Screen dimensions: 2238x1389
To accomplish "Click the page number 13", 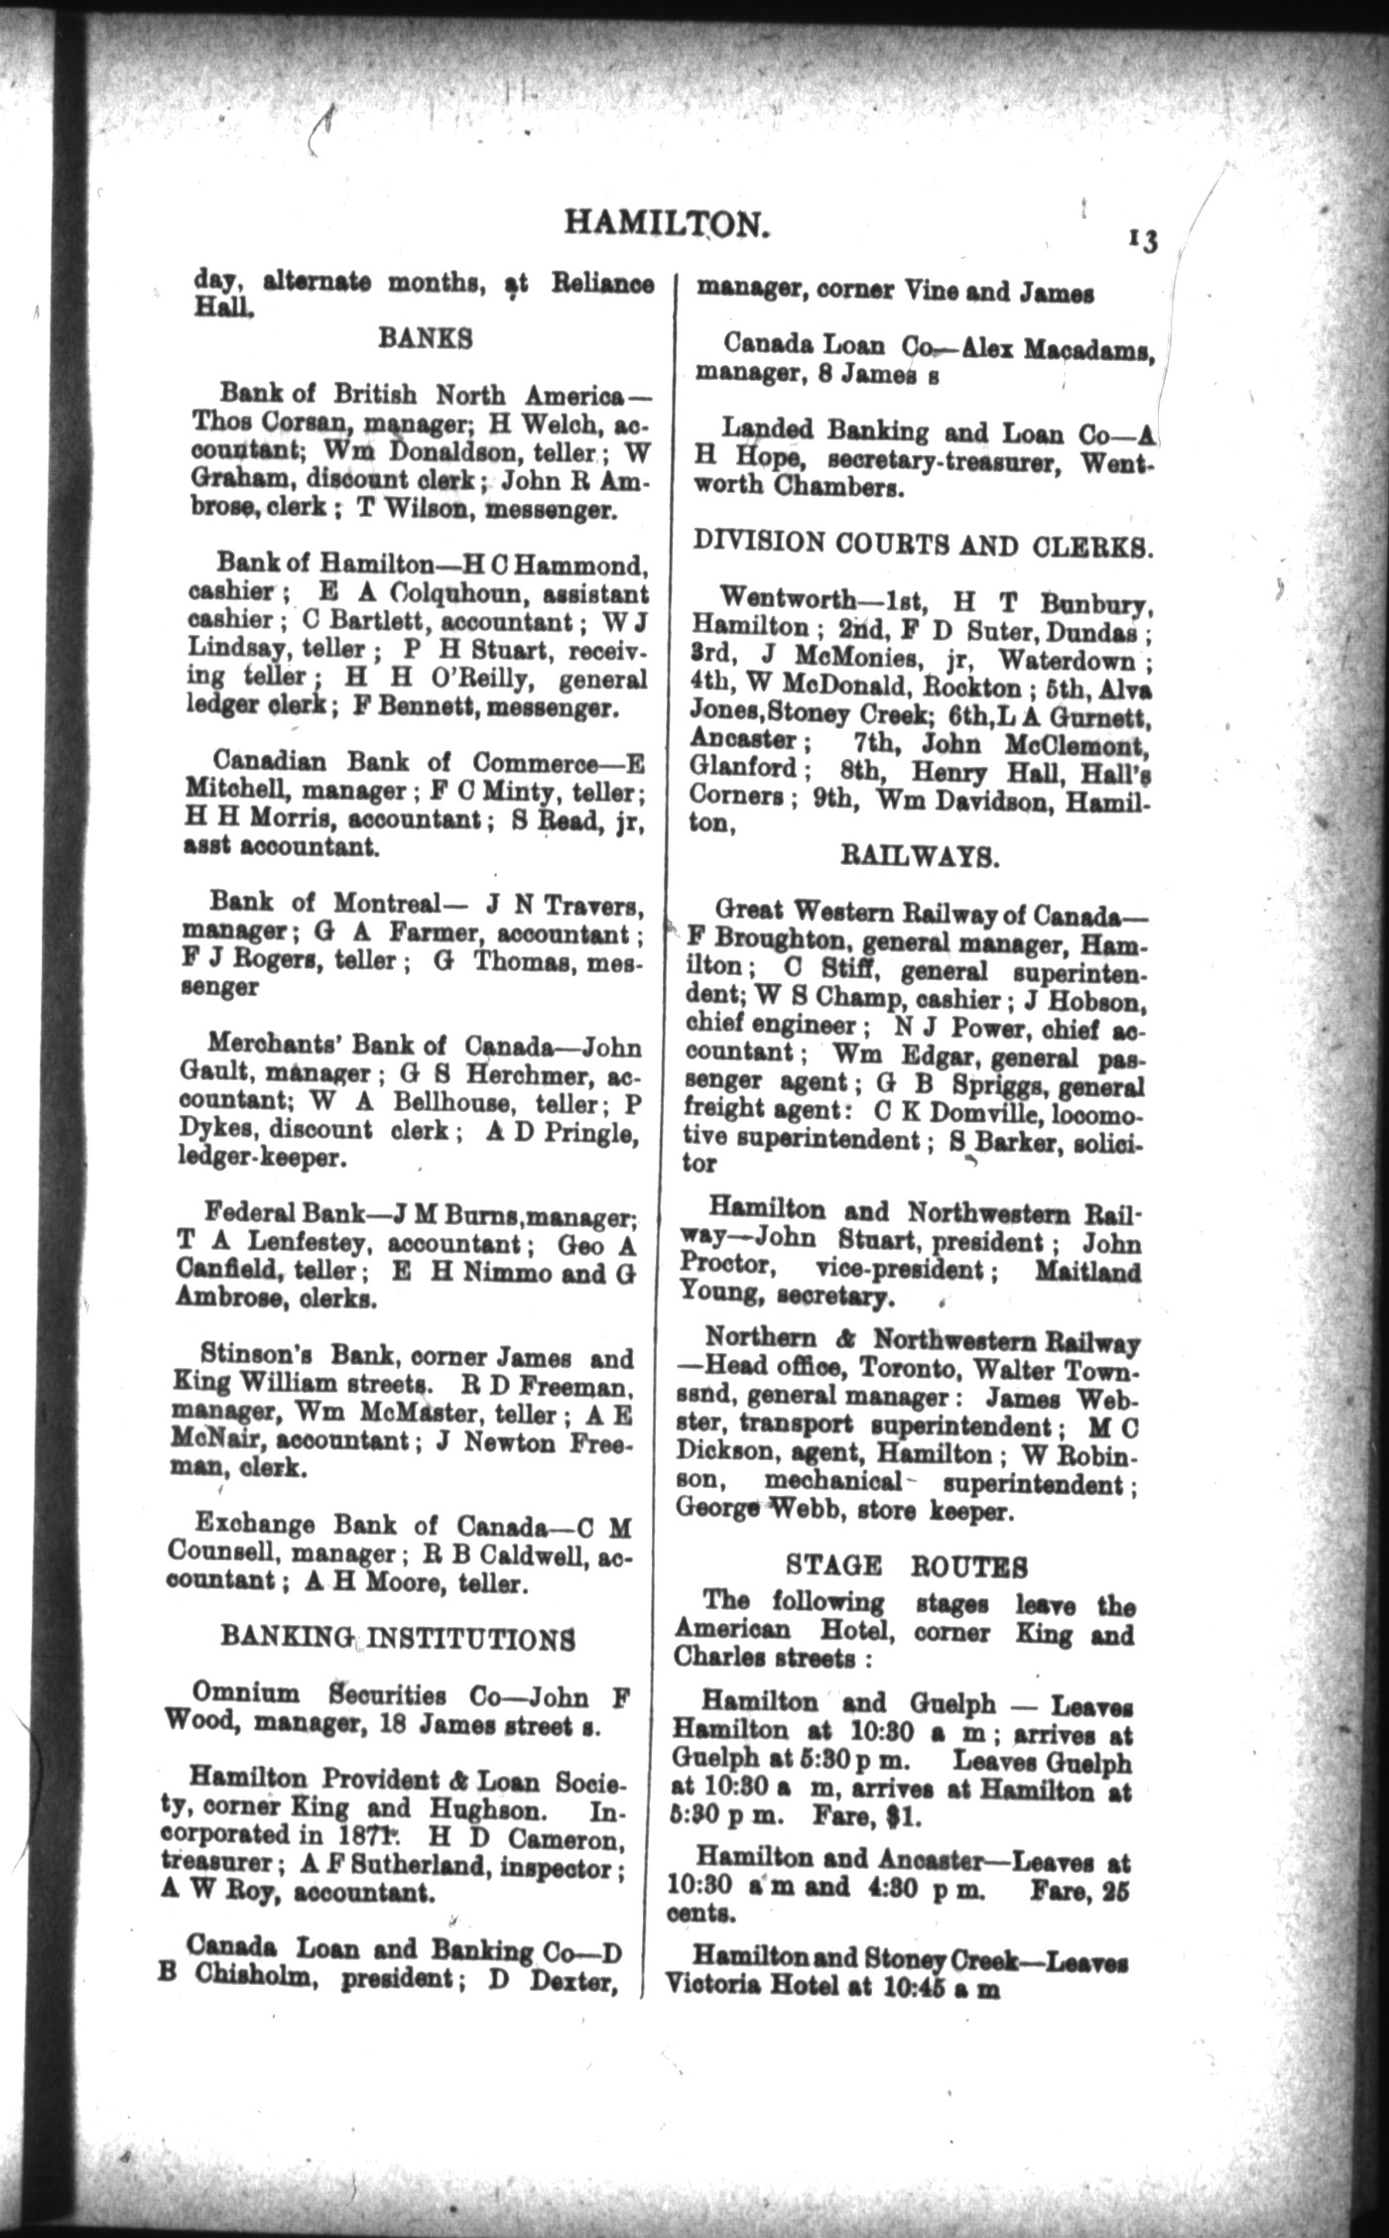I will pyautogui.click(x=1142, y=241).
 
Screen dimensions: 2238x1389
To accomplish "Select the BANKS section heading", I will pyautogui.click(x=425, y=338).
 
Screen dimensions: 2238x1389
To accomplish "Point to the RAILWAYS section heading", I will pyautogui.click(x=920, y=856).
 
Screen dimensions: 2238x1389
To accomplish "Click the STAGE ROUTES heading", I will pyautogui.click(x=907, y=1566).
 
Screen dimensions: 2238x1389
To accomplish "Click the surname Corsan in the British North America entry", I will pyautogui.click(x=277, y=424).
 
